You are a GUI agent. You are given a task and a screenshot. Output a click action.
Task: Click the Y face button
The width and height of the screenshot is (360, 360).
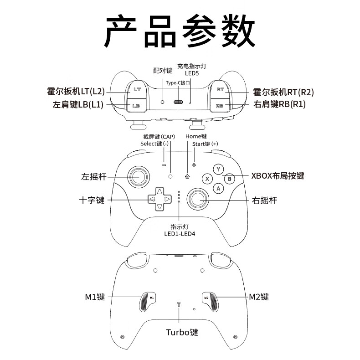218,170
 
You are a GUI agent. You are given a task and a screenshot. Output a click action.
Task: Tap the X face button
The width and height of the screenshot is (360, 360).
207,179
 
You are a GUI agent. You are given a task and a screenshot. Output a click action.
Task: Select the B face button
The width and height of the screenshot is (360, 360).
229,179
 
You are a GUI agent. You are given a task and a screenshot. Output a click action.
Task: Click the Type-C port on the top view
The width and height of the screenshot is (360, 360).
179,102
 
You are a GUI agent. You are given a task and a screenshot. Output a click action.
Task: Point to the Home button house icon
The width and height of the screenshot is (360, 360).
187,176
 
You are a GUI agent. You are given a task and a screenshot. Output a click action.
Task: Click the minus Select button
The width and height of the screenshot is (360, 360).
164,165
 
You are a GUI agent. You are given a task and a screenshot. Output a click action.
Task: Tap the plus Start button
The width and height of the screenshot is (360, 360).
194,165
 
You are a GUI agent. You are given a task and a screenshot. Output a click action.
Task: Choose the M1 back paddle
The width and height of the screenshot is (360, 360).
147,302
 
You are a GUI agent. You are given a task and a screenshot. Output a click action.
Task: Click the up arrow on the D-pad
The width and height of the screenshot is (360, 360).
160,191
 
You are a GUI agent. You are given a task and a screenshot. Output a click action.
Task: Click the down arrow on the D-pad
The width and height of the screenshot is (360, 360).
160,207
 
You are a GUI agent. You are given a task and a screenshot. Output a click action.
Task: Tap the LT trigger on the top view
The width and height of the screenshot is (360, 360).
137,89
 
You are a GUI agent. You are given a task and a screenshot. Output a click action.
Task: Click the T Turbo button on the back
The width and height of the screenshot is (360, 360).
179,304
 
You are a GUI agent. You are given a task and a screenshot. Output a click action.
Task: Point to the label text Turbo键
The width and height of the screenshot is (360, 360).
182,332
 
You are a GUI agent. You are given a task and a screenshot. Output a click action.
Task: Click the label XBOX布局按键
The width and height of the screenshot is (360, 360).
278,176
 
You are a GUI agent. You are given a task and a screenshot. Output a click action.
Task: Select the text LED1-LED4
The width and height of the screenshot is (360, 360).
180,234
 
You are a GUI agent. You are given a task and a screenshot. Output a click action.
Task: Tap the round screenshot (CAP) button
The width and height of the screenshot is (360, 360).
170,176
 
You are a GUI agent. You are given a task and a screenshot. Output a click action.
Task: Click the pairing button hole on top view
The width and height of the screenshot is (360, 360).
162,102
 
